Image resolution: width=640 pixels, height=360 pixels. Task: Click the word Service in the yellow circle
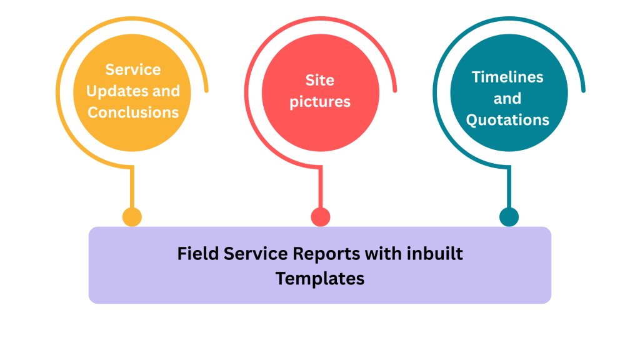click(133, 69)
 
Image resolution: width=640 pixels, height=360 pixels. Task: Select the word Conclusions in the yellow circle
click(133, 112)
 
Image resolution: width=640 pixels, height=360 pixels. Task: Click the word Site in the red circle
click(320, 80)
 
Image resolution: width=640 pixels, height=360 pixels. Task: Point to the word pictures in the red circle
click(320, 102)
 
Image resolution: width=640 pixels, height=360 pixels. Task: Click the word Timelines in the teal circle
click(507, 77)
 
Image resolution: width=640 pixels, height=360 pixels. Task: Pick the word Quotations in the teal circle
click(507, 119)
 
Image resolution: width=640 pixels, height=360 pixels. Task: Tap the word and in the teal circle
click(507, 98)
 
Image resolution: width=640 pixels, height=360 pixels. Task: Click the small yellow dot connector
click(132, 217)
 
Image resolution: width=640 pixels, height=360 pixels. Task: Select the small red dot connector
click(321, 217)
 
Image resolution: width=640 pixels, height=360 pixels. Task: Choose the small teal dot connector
click(509, 217)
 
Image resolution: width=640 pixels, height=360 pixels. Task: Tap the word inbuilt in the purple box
click(435, 254)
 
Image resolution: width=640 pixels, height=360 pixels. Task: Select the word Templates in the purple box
click(320, 279)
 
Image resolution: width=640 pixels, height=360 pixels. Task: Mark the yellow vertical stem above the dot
click(132, 187)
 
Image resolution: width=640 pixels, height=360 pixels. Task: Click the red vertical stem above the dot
click(321, 187)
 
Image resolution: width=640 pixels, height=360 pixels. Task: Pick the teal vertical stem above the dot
click(509, 187)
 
